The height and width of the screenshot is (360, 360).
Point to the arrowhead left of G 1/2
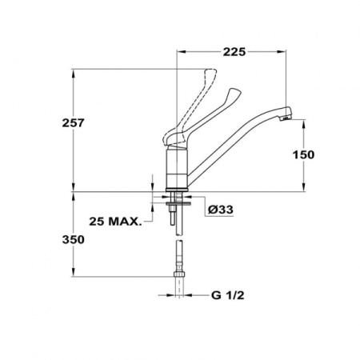170,295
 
